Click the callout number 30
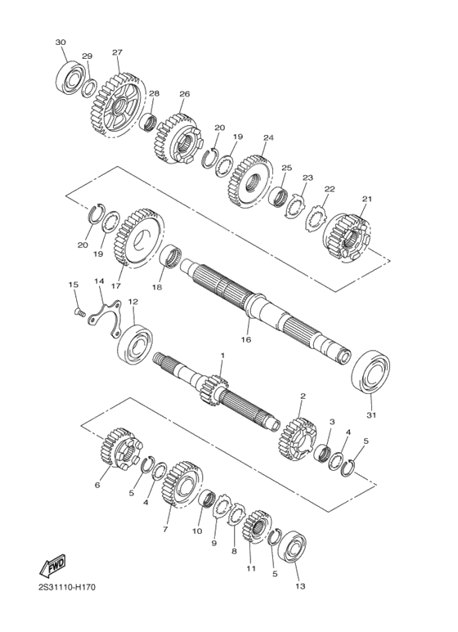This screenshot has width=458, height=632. [x=61, y=43]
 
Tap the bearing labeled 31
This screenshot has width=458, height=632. [x=371, y=372]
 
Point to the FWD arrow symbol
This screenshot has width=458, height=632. [x=52, y=566]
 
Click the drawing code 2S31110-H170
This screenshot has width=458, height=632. [x=67, y=587]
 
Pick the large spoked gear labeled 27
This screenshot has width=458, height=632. [x=117, y=105]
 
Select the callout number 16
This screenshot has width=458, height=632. [x=246, y=339]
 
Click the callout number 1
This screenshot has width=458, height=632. [x=222, y=355]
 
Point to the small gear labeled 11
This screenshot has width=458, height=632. [x=256, y=525]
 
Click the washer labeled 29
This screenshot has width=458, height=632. [x=89, y=88]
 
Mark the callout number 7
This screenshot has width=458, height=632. [x=165, y=529]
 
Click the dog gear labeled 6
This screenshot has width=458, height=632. [x=120, y=449]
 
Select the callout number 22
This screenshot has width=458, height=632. [x=330, y=189]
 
